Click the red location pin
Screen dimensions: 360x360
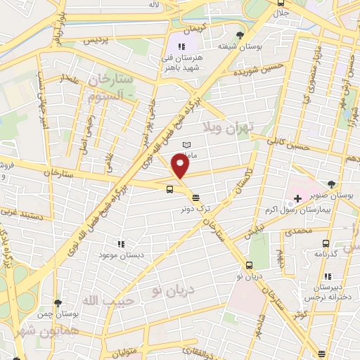pos(181,165)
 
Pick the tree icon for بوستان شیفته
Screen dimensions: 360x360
pos(241,34)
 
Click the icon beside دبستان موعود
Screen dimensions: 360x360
pos(121,244)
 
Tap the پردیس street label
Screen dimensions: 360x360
pos(97,41)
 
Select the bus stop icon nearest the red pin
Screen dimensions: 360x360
pos(169,188)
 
